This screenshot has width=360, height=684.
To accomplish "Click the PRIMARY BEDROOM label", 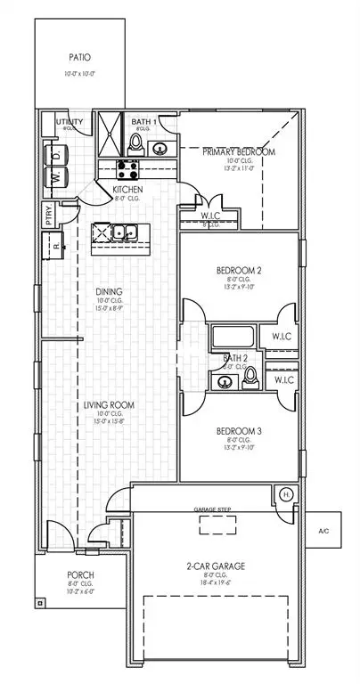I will (238, 152).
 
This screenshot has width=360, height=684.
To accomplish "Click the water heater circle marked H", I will (285, 496).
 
